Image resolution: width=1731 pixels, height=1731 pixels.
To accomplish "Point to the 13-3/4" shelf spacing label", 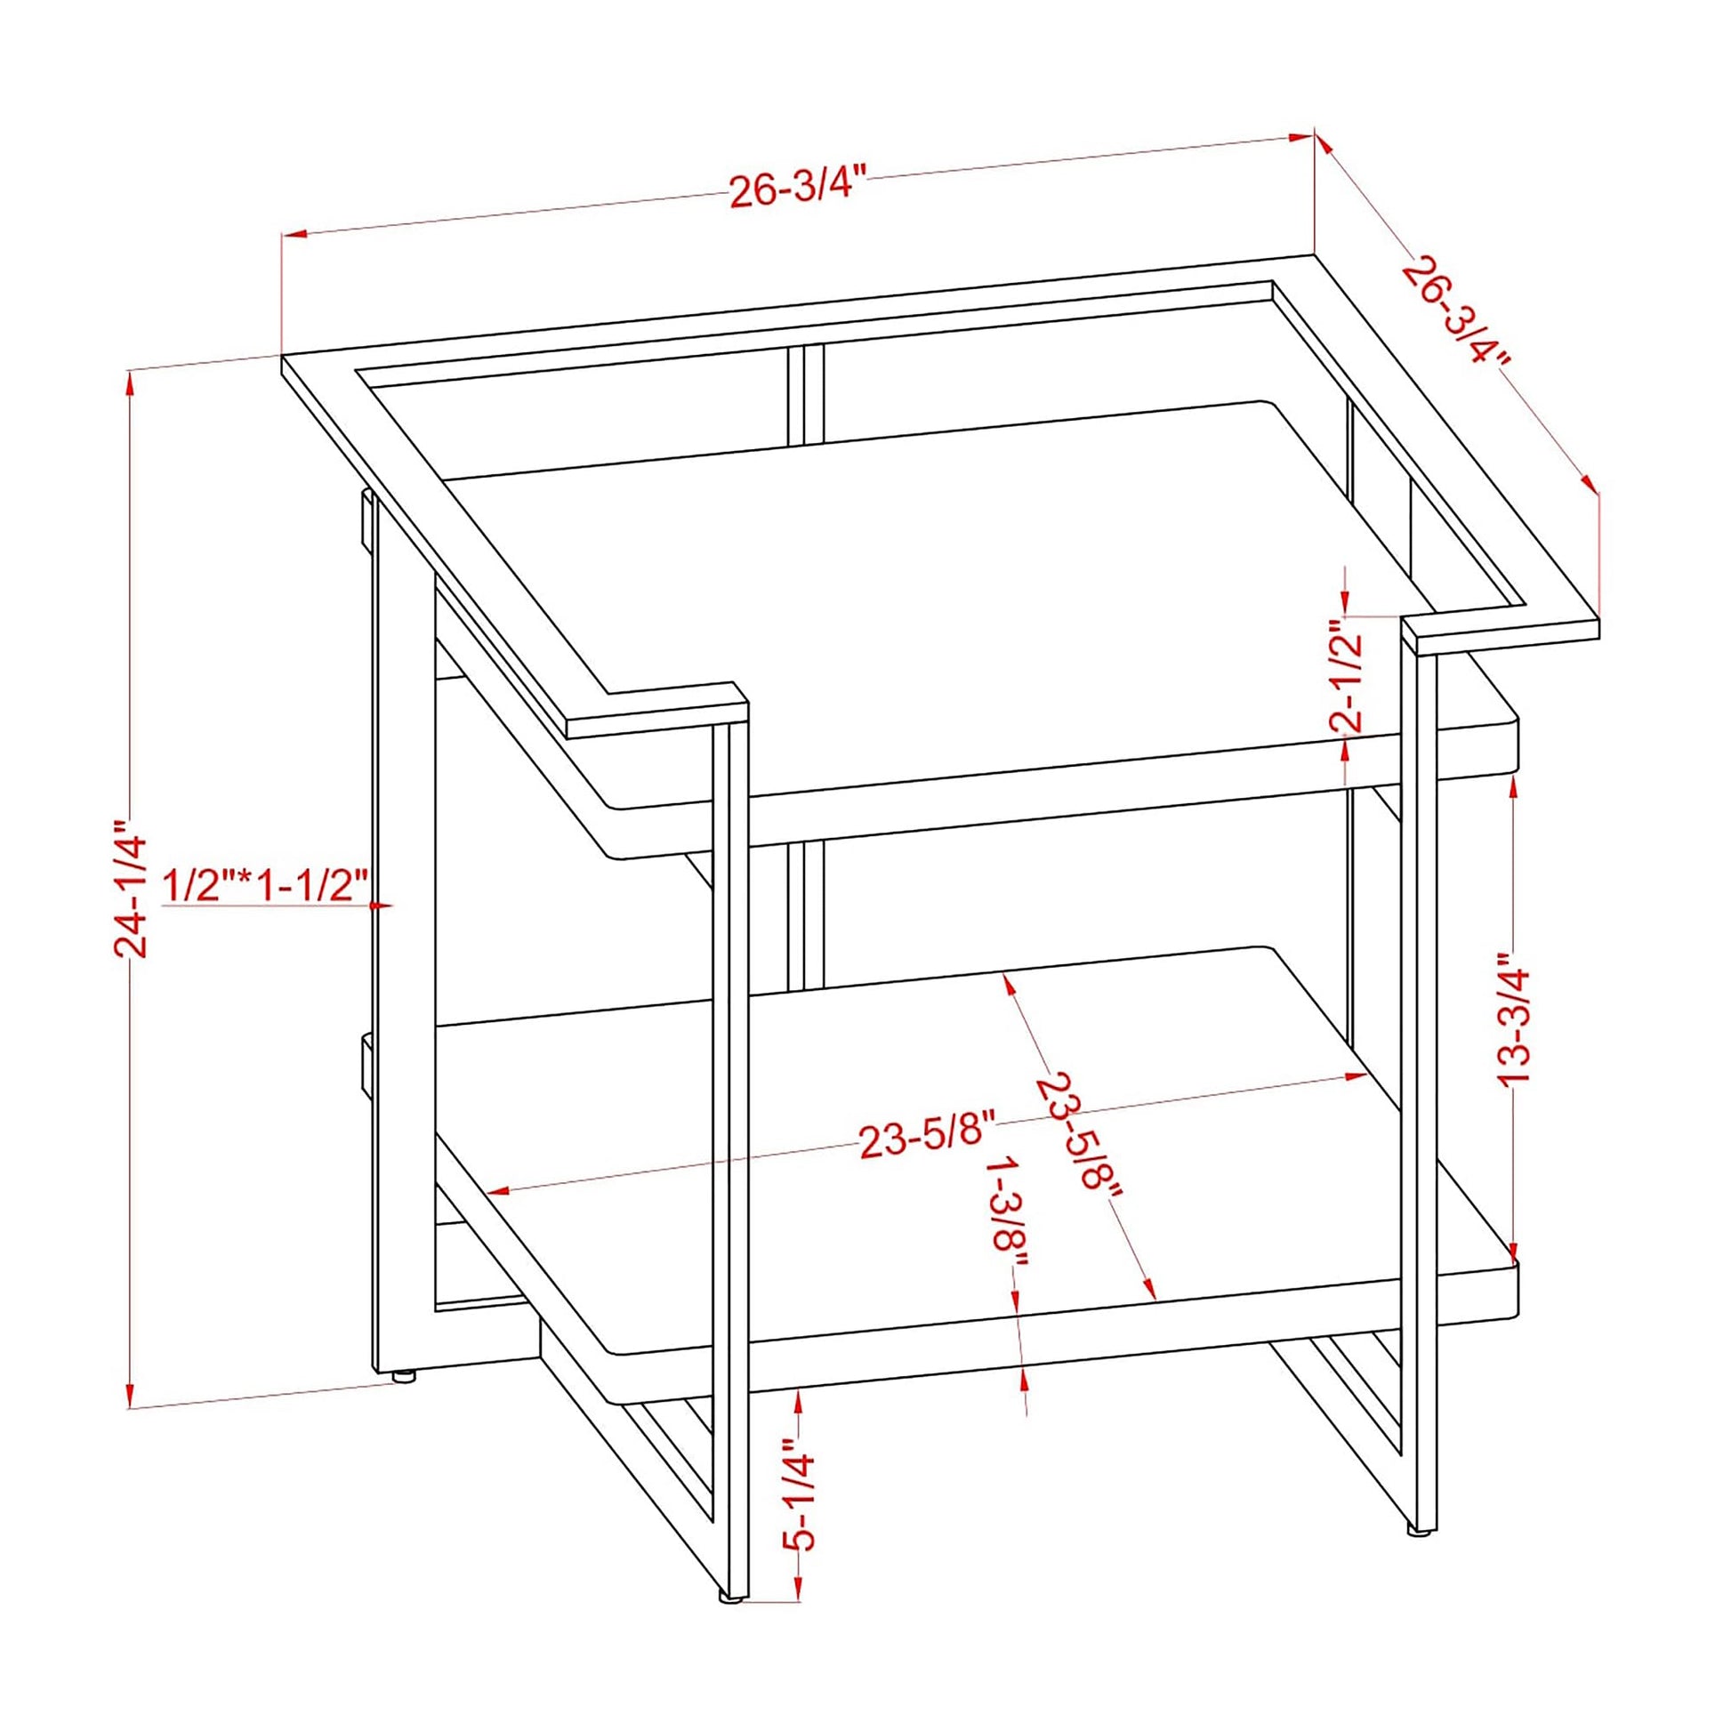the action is point(1513,1016).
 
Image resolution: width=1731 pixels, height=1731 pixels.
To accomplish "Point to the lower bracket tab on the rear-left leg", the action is point(366,1065).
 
